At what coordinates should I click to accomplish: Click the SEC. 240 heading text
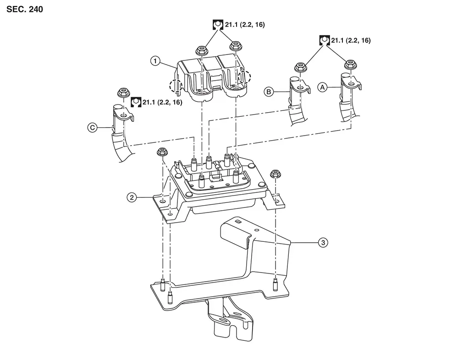25,10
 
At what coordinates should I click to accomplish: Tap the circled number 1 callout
155,61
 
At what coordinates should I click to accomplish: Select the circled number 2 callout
132,197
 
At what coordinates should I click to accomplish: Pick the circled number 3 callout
323,243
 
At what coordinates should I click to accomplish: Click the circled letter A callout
322,87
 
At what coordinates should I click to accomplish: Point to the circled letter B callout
269,92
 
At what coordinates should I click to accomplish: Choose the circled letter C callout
93,128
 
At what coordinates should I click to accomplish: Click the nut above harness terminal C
123,93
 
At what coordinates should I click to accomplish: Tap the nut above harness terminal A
350,64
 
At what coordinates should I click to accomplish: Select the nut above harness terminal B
300,67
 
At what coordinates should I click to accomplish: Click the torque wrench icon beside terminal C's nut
136,102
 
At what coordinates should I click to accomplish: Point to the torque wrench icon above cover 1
218,25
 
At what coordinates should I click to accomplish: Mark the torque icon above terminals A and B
324,40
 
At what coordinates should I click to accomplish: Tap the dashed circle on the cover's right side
245,77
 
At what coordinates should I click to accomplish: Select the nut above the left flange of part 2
161,152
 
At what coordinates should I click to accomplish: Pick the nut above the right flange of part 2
275,174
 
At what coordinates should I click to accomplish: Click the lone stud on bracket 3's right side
275,284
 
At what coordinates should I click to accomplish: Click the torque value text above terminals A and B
351,40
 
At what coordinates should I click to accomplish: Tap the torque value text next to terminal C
162,103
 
